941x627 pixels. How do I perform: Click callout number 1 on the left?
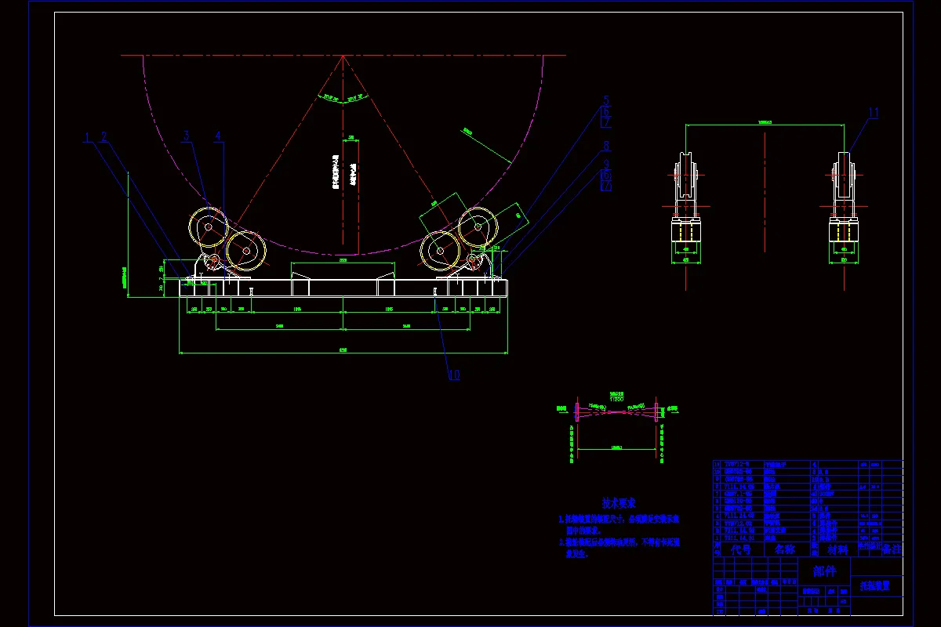tap(89, 138)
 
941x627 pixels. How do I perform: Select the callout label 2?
tap(104, 138)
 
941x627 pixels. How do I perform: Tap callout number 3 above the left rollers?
tap(187, 136)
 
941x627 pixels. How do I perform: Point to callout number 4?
tap(218, 136)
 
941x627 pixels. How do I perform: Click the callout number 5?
tap(606, 101)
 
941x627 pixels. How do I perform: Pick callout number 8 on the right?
tap(606, 146)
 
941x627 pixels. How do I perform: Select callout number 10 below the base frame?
tap(454, 375)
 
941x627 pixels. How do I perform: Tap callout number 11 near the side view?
tap(874, 113)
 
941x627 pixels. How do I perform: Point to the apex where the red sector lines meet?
tap(343, 56)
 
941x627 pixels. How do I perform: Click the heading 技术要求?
tap(619, 503)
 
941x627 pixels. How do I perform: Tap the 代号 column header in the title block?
tap(740, 550)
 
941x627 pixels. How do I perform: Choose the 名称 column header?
tap(784, 550)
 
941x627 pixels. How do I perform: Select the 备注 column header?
tap(891, 550)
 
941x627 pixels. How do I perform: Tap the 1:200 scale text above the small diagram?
tap(617, 398)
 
